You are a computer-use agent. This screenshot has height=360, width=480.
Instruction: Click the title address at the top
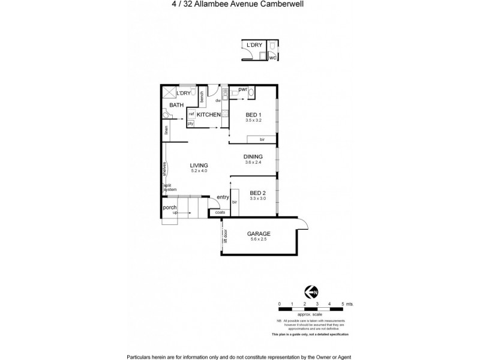point(239,7)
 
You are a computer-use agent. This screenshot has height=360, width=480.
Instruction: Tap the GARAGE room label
point(259,234)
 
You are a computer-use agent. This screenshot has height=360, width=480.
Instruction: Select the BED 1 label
point(253,115)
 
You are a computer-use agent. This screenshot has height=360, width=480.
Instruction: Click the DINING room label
point(253,157)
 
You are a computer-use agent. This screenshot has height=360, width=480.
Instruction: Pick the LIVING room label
point(199,165)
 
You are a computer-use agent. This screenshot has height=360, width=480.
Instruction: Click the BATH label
point(176,105)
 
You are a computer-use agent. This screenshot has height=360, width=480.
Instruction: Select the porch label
point(170,208)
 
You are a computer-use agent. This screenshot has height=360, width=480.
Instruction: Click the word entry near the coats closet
point(223,197)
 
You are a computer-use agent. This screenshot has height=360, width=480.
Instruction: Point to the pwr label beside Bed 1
point(243,89)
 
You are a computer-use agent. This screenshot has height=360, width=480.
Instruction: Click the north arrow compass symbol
point(310,292)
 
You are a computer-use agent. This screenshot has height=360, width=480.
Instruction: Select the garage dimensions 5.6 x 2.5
point(259,240)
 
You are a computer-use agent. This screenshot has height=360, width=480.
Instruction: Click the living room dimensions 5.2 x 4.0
point(199,171)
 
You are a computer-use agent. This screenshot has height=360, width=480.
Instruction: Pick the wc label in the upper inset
point(272,58)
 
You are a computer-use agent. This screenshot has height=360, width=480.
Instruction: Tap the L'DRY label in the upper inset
point(253,46)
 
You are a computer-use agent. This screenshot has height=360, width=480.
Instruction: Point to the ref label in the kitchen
point(191,113)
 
